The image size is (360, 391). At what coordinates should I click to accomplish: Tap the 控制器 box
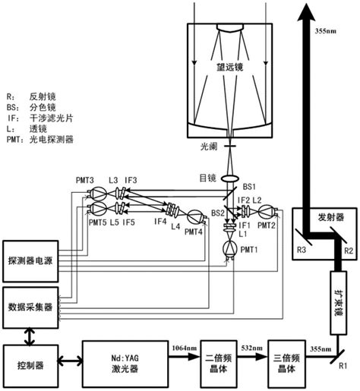[x=30, y=364]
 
